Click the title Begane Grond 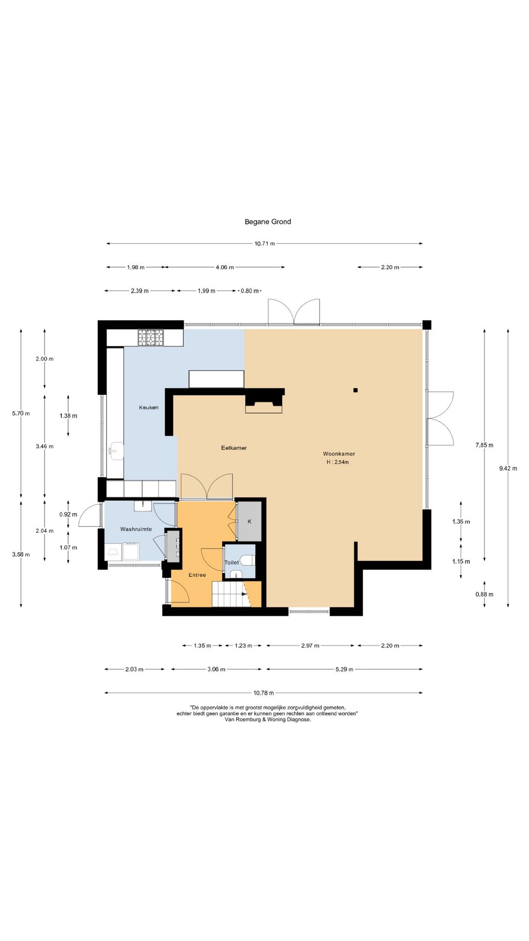[268, 222]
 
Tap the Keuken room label [148, 407]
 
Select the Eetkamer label [234, 447]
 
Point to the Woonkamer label [339, 454]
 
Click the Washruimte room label [136, 529]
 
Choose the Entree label [197, 575]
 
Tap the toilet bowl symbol [248, 560]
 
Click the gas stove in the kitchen [151, 338]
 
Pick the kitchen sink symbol [116, 450]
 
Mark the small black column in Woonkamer [356, 390]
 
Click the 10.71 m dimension [264, 244]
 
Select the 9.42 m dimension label [508, 468]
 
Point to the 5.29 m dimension [344, 669]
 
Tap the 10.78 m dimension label [264, 693]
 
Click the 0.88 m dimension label [484, 594]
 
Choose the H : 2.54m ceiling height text [338, 462]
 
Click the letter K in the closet [249, 521]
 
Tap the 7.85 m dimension [484, 445]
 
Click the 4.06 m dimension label [225, 267]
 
